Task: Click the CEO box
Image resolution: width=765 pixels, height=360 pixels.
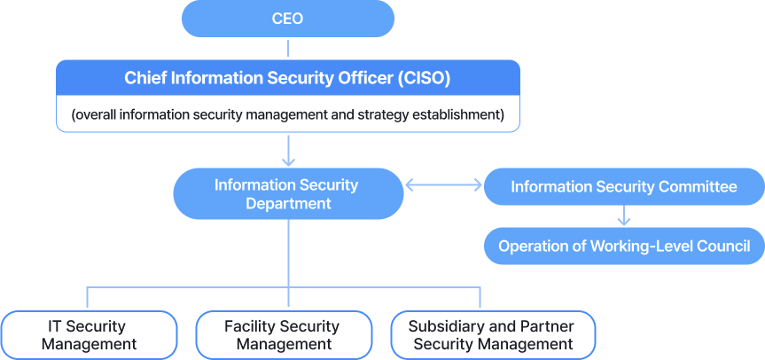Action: [x=287, y=19]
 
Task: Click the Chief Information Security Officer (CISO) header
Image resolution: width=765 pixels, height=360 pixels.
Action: [x=287, y=78]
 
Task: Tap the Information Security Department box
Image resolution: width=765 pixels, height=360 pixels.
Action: [x=287, y=194]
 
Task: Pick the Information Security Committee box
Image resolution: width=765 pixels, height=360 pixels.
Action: [x=623, y=187]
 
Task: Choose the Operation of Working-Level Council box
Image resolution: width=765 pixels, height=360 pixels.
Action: [x=623, y=246]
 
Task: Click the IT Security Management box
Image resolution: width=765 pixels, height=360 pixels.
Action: [x=89, y=335]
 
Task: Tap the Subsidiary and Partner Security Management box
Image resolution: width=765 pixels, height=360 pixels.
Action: [x=492, y=335]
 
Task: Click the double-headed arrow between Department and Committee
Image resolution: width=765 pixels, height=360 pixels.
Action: [x=443, y=186]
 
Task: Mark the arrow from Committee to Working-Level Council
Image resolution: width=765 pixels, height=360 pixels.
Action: [x=624, y=215]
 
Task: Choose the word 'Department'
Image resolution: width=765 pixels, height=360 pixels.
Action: [x=287, y=204]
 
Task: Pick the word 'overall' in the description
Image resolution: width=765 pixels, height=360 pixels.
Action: [x=98, y=115]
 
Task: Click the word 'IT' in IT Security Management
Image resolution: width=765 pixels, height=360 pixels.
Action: [x=54, y=326]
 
